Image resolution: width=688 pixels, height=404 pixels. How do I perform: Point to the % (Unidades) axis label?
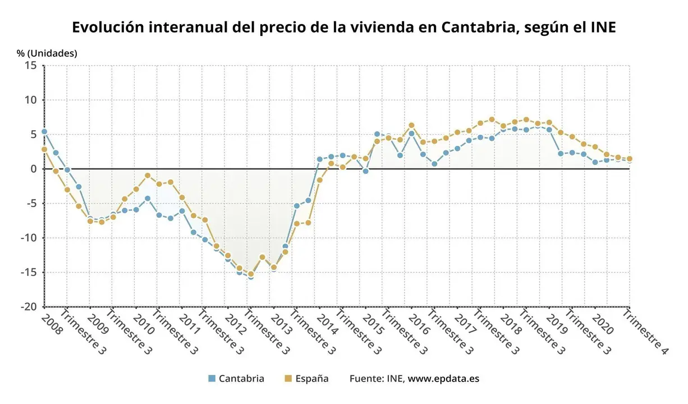47,53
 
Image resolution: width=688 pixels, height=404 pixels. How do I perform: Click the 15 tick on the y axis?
31,66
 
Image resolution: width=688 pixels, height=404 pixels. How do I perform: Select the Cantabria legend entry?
236,378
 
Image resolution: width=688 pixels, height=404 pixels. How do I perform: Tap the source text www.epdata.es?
443,378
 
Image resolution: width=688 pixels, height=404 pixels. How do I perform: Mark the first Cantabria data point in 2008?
44,132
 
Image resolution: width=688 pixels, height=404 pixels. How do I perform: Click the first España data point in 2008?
44,149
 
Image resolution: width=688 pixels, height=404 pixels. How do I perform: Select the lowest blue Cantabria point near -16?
251,277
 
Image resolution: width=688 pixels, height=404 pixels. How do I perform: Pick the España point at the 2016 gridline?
411,125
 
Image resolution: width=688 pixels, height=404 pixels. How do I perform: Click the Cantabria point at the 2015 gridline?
365,171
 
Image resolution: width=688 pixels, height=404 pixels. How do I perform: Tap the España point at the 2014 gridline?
320,180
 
